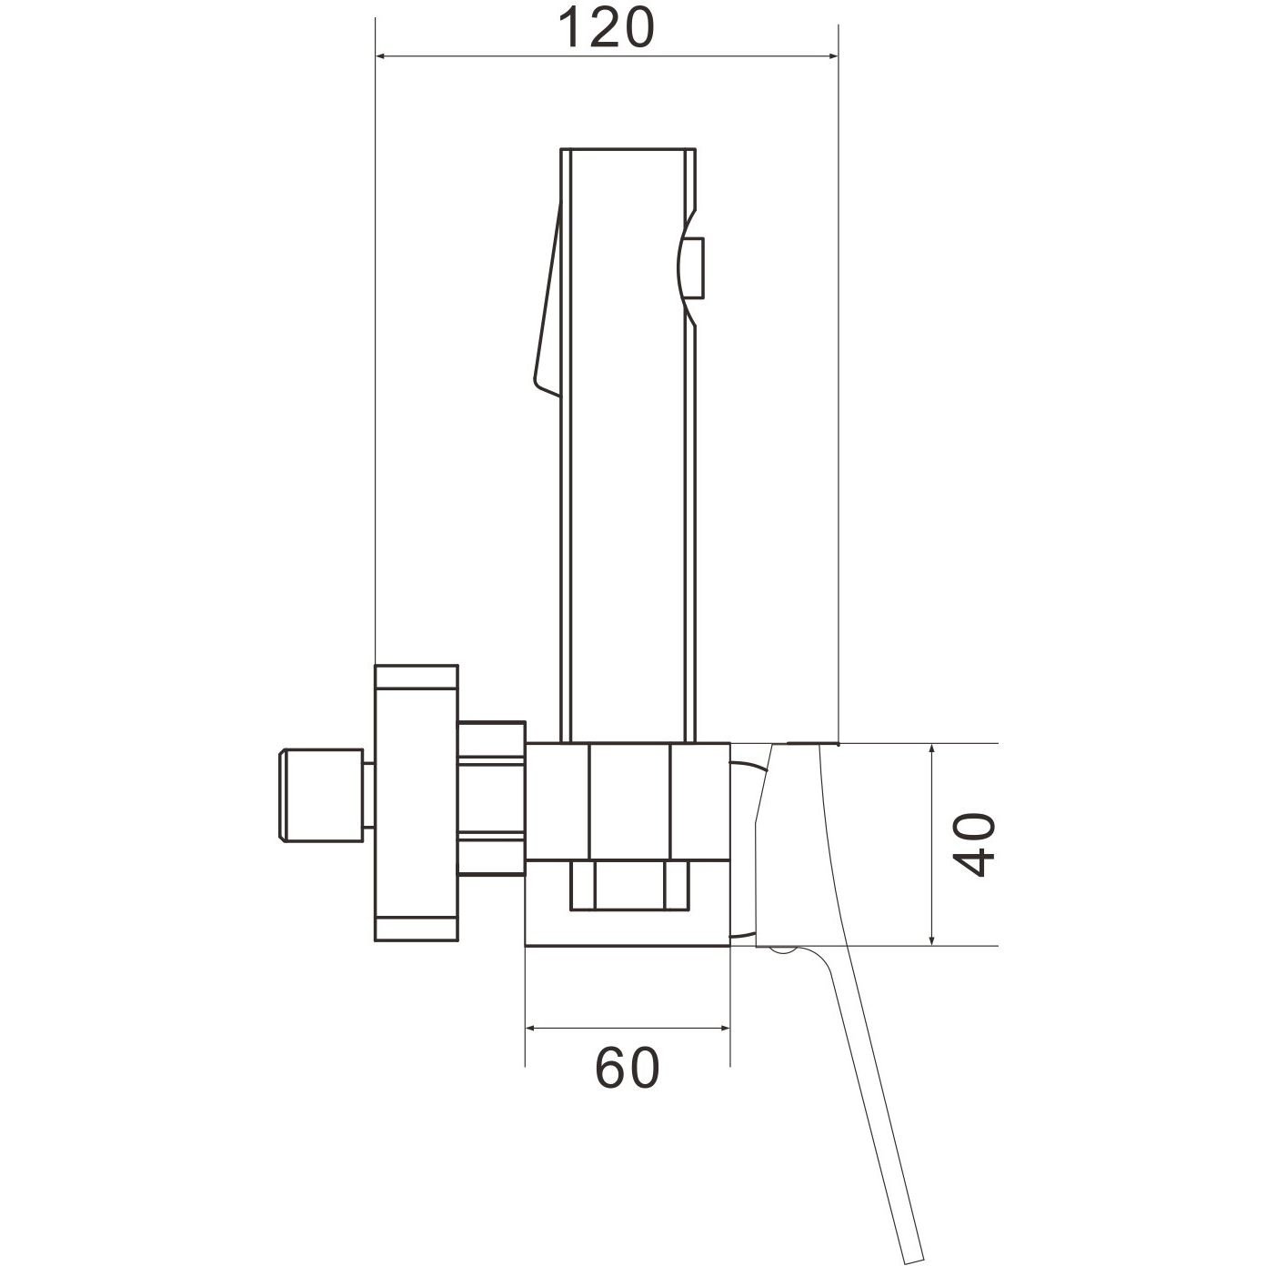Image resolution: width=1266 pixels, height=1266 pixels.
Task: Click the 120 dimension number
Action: coord(606,27)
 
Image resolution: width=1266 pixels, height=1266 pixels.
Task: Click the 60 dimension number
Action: coord(627,1068)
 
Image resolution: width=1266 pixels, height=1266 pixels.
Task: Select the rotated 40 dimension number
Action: coord(974,845)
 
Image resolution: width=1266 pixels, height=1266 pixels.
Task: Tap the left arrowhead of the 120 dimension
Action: coord(382,57)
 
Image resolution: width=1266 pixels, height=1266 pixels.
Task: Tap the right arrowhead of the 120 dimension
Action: coord(832,57)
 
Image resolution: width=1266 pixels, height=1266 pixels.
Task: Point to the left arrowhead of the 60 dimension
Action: coord(532,1029)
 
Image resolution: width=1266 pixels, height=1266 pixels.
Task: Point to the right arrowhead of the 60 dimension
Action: coord(723,1029)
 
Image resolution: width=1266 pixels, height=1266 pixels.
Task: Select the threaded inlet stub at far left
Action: coord(321,795)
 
